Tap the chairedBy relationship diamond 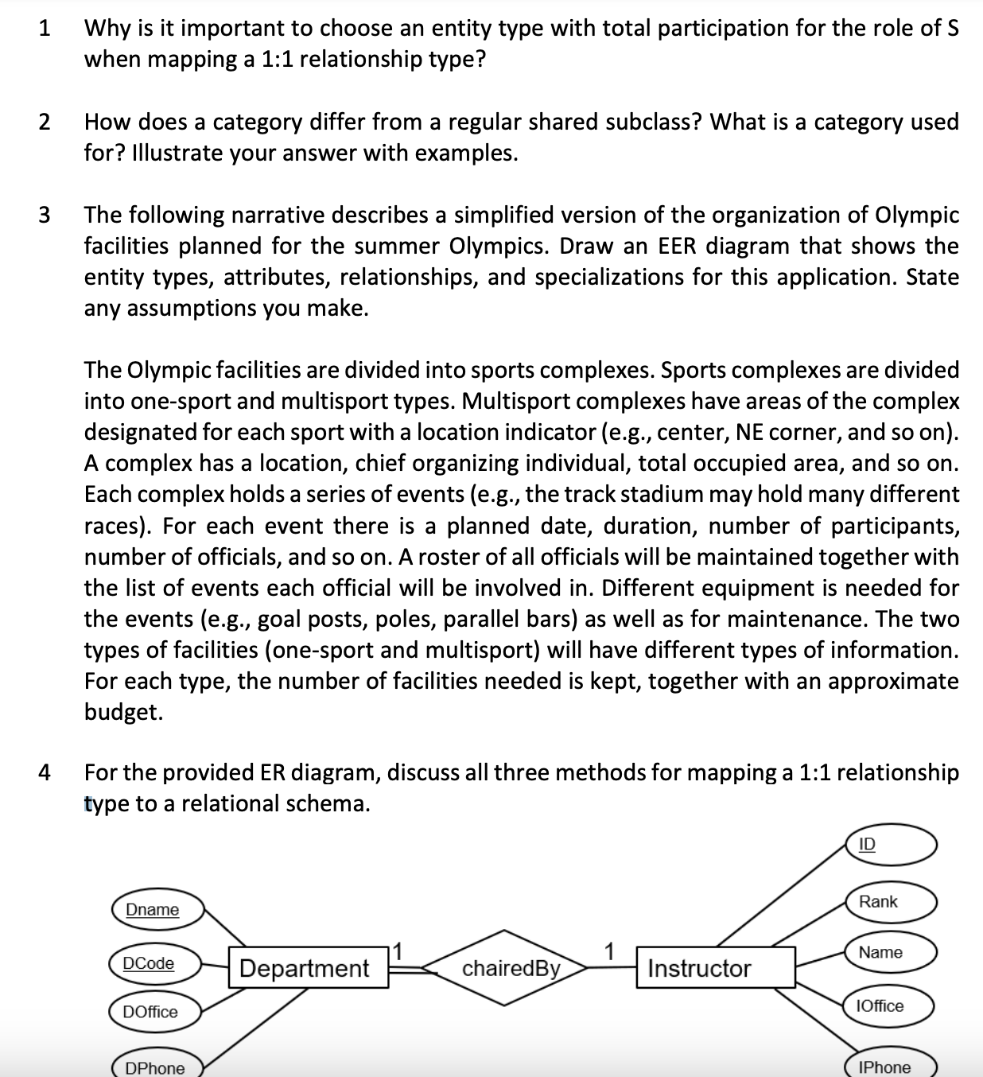(x=511, y=968)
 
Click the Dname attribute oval (x=157, y=909)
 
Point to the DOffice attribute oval (x=154, y=1012)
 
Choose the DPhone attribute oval (x=156, y=1067)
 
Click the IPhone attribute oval (x=893, y=1067)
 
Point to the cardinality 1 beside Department (x=400, y=949)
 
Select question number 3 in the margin (x=45, y=216)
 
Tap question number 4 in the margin (x=45, y=772)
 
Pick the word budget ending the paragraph (x=123, y=712)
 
